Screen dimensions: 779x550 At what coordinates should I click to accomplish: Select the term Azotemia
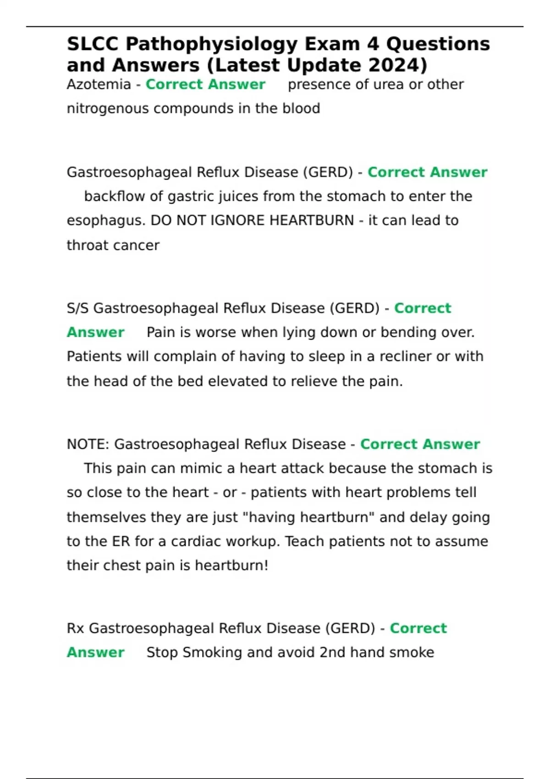[x=99, y=85]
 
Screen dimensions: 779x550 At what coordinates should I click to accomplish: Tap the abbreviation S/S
[x=77, y=308]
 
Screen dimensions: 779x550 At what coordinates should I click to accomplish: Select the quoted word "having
[x=268, y=517]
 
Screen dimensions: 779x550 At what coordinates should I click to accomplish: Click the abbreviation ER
[x=121, y=542]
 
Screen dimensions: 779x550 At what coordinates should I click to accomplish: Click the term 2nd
[x=332, y=653]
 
